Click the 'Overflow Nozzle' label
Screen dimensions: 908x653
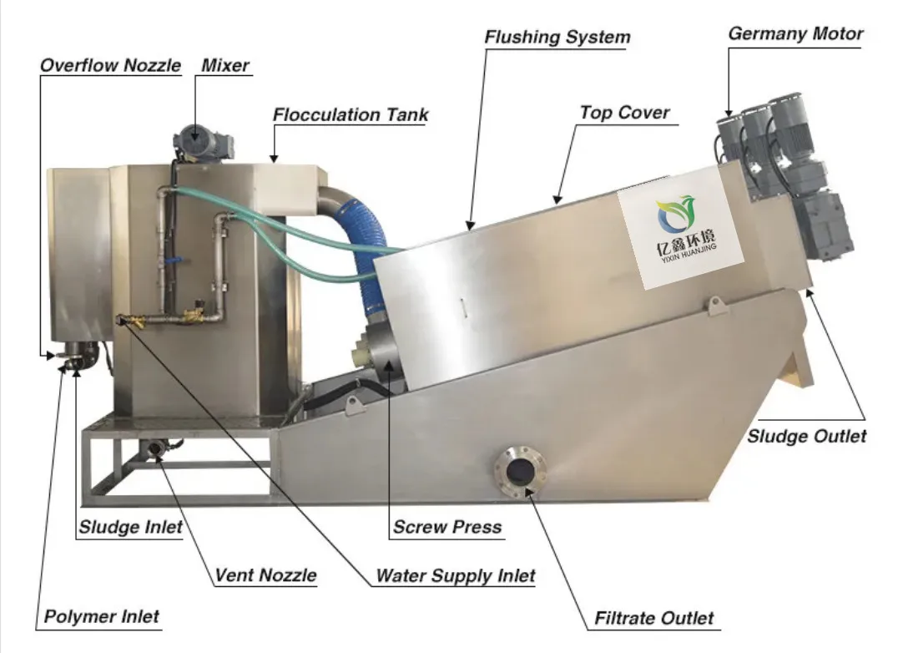(x=111, y=65)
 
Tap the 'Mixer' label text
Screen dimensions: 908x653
(x=224, y=65)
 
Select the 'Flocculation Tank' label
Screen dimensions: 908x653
(x=351, y=115)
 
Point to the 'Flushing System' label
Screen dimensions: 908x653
(x=557, y=38)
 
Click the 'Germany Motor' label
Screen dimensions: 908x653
(x=795, y=34)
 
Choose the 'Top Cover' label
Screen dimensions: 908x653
(x=624, y=112)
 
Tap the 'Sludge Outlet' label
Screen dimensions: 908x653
(x=806, y=436)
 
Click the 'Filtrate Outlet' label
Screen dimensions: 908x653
(x=653, y=619)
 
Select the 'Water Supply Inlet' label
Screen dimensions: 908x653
(x=455, y=575)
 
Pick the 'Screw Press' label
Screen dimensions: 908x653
(x=447, y=527)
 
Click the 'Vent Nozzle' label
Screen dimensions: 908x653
(x=265, y=575)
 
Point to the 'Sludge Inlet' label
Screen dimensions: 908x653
(x=130, y=527)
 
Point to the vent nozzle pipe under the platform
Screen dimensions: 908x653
(x=155, y=449)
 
